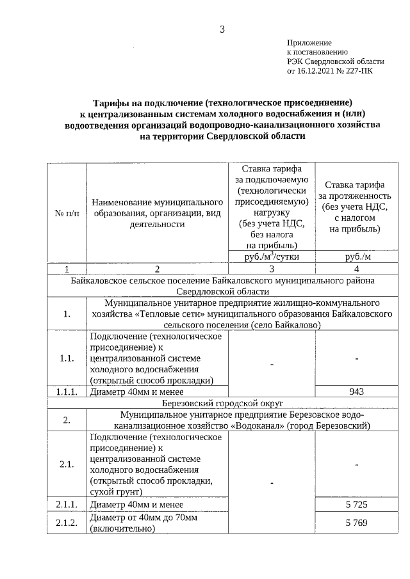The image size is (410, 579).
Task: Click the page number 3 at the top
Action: pyautogui.click(x=222, y=29)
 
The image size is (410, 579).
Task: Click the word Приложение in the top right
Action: pyautogui.click(x=309, y=42)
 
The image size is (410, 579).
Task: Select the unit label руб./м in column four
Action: pyautogui.click(x=357, y=257)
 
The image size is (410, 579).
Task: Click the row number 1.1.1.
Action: pyautogui.click(x=67, y=392)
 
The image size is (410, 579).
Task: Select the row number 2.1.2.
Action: pyautogui.click(x=67, y=523)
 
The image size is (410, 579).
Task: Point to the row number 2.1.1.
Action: pyautogui.click(x=67, y=505)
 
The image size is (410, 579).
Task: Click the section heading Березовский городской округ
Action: pyautogui.click(x=224, y=403)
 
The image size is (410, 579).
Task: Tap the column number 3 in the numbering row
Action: pyautogui.click(x=272, y=269)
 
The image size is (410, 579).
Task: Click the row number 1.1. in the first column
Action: pyautogui.click(x=67, y=358)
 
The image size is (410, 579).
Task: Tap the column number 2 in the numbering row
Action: pyautogui.click(x=157, y=269)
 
